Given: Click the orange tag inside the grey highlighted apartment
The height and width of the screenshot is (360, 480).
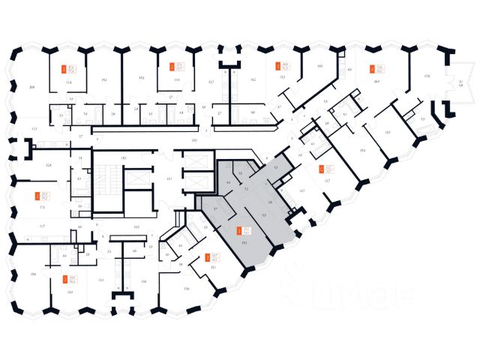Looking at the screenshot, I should [x=238, y=231].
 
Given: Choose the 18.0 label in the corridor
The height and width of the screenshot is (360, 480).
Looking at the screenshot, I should [x=193, y=140].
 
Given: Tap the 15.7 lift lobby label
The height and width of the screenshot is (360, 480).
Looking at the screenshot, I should [x=169, y=178].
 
